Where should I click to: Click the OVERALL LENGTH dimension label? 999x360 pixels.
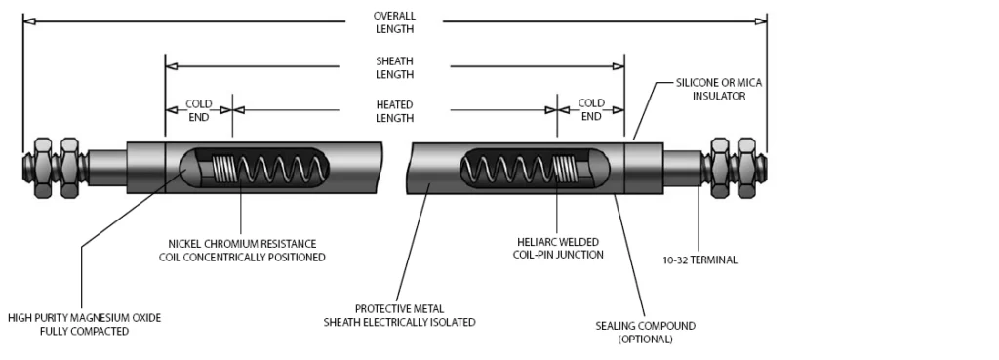point(394,22)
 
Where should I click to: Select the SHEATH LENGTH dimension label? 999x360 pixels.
point(394,67)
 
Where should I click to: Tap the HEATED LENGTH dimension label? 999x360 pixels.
point(394,111)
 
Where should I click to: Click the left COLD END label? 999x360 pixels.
point(199,110)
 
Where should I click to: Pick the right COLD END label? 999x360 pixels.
point(591,109)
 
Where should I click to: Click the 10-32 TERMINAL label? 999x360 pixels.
point(700,260)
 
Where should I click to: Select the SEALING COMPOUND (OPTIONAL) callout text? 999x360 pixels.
point(646,332)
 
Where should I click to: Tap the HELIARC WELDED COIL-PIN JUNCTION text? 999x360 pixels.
point(558,249)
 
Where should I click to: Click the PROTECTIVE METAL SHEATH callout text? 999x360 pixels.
point(399,315)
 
